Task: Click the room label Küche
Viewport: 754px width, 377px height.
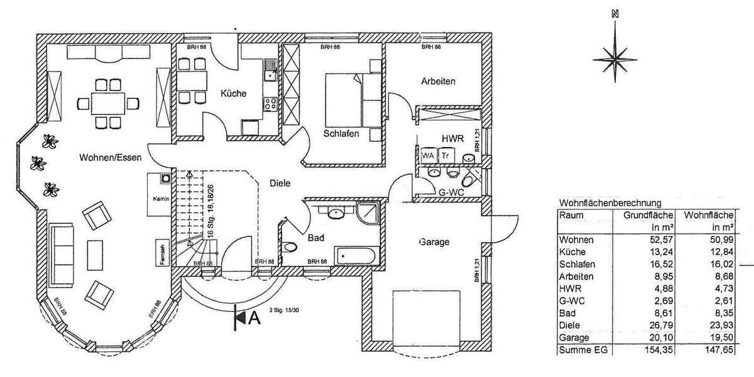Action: [x=233, y=94]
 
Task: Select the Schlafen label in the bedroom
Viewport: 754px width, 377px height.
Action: [x=341, y=134]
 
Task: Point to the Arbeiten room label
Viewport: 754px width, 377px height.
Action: [x=438, y=82]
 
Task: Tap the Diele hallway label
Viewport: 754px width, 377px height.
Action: [x=280, y=183]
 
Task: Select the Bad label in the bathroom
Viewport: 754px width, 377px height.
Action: [x=315, y=239]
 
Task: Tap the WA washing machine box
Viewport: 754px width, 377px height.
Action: [x=429, y=155]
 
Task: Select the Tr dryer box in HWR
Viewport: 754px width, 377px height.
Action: [x=445, y=155]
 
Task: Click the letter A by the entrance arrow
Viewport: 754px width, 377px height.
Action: [x=254, y=318]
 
